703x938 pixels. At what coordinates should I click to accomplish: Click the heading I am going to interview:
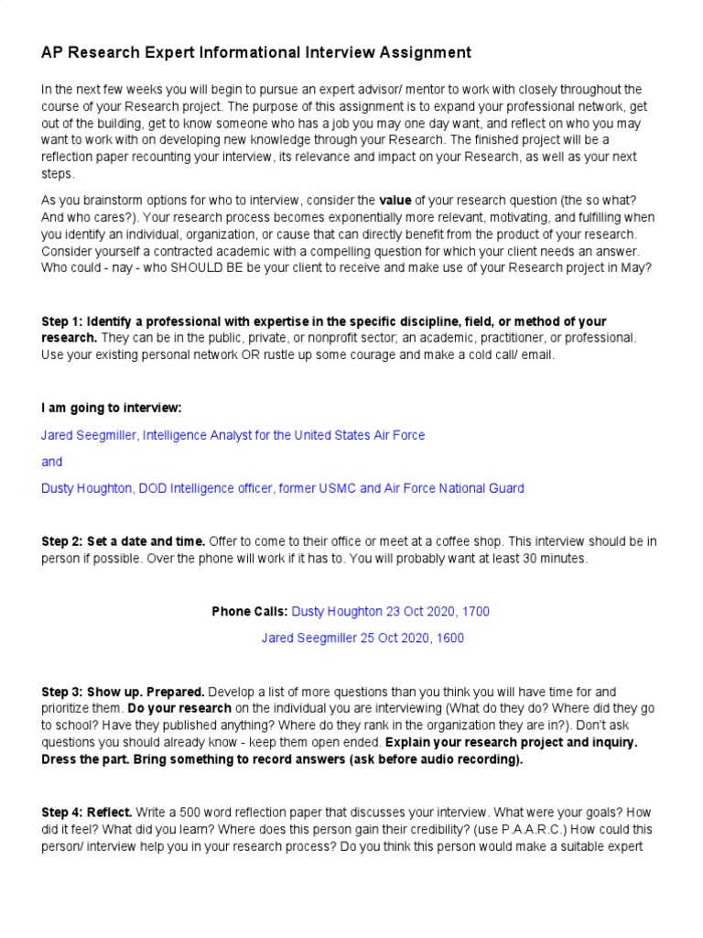[118, 408]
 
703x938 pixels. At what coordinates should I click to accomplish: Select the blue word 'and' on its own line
[51, 462]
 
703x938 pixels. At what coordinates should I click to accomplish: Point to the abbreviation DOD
[153, 488]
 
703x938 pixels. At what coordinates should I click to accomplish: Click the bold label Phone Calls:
[250, 611]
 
